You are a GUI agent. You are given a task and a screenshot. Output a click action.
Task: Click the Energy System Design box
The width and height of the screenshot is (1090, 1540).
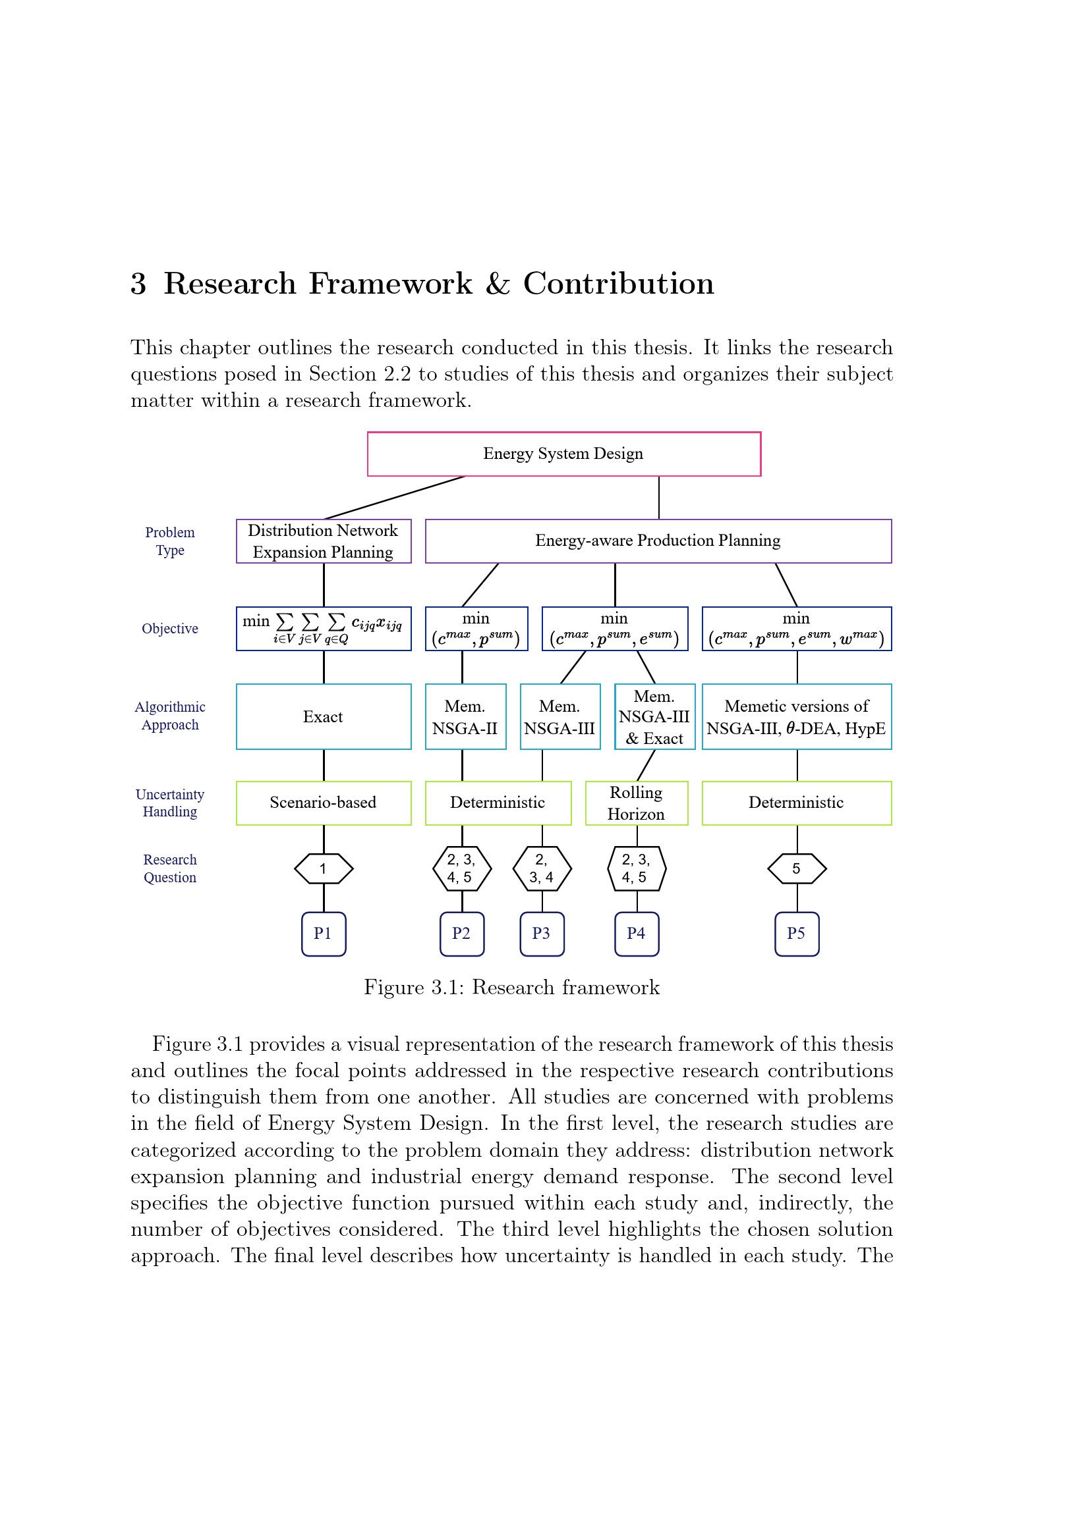(564, 454)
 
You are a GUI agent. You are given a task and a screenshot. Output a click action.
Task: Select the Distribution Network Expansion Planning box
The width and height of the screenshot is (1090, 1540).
(324, 541)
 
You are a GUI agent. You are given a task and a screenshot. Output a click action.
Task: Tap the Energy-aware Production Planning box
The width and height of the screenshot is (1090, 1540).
(658, 541)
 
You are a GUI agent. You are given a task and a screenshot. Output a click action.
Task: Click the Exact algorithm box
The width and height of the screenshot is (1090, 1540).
(324, 716)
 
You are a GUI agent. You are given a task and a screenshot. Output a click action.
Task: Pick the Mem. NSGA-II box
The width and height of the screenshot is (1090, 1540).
(465, 716)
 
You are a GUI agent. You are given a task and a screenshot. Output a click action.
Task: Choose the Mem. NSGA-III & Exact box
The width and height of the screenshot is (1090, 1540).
(654, 716)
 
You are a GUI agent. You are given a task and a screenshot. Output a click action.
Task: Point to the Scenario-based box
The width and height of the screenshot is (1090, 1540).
(324, 803)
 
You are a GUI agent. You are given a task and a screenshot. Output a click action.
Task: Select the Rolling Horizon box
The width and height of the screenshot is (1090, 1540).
(637, 803)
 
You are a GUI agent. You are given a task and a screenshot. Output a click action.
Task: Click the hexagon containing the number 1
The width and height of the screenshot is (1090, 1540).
(324, 868)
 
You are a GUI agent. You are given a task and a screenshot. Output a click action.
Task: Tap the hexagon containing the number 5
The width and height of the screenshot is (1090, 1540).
(797, 868)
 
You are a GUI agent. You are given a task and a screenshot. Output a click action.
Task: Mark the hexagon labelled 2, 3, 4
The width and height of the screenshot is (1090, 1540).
(542, 868)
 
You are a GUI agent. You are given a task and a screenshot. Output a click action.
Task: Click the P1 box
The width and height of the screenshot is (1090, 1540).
(324, 934)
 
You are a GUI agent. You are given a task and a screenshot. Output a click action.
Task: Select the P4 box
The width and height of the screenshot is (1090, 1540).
(637, 934)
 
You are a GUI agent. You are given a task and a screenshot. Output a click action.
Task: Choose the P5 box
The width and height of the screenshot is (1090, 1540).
(797, 934)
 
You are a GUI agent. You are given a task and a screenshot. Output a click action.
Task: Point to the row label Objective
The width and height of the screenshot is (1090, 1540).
(170, 629)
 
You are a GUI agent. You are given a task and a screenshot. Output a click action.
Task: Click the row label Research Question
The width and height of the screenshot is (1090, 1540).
(170, 868)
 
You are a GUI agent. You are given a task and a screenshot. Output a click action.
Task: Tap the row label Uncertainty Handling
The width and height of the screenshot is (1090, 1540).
(170, 803)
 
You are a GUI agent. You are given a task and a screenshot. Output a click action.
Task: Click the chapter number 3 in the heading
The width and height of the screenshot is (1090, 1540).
(138, 284)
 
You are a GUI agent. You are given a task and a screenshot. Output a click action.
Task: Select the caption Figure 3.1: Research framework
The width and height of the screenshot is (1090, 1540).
(511, 988)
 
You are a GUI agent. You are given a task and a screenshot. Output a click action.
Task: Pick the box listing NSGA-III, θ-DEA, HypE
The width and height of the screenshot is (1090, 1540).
(797, 716)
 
